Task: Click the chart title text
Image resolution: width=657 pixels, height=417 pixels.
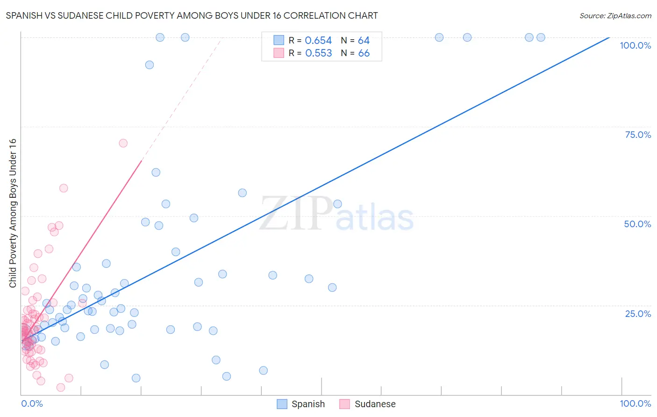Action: point(192,15)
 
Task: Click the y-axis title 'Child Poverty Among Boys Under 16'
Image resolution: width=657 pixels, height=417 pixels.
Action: point(13,213)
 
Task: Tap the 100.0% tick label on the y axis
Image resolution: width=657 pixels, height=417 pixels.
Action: point(635,45)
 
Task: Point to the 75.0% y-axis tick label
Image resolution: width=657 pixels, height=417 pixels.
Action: point(638,135)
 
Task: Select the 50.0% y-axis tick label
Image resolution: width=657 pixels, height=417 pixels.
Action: point(637,224)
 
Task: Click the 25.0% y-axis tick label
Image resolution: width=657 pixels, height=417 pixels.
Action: point(638,313)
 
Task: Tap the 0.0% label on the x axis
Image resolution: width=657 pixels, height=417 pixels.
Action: point(32,403)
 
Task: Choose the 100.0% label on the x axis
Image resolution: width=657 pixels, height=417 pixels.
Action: point(635,403)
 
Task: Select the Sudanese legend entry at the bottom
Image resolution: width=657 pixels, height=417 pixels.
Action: point(367,404)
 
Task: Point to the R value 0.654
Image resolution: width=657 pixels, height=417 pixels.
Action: point(318,41)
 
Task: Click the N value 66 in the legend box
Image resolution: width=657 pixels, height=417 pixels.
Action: point(364,53)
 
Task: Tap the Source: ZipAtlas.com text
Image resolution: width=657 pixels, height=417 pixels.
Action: point(615,16)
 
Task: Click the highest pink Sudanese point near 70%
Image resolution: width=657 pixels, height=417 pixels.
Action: point(123,143)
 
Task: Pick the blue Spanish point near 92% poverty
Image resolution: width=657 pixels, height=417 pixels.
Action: point(150,65)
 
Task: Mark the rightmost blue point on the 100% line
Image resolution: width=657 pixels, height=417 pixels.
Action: point(541,37)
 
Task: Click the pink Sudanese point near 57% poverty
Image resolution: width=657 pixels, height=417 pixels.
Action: point(64,188)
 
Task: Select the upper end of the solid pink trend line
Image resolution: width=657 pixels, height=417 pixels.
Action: point(142,160)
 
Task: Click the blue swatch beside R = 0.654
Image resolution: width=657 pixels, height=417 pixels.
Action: point(279,40)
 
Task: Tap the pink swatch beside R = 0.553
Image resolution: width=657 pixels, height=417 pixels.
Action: point(279,53)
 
